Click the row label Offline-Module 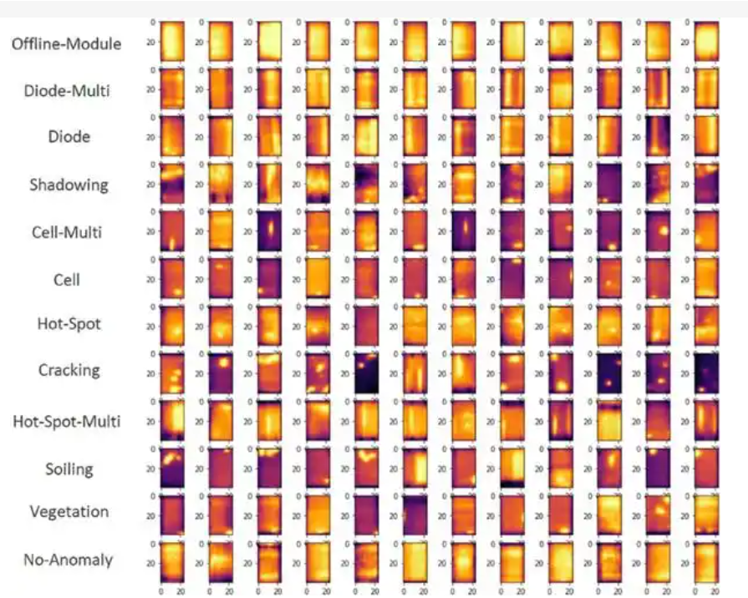pyautogui.click(x=66, y=43)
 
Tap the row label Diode pyautogui.click(x=69, y=136)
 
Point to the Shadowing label pyautogui.click(x=69, y=184)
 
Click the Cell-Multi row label pyautogui.click(x=67, y=231)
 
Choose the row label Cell pyautogui.click(x=67, y=279)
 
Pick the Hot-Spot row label pyautogui.click(x=69, y=322)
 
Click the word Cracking pyautogui.click(x=69, y=369)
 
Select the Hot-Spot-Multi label pyautogui.click(x=66, y=421)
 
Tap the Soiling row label pyautogui.click(x=69, y=469)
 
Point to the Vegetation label pyautogui.click(x=69, y=511)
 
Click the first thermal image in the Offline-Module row pyautogui.click(x=172, y=40)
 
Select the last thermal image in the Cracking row pyautogui.click(x=706, y=372)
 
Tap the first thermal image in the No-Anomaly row pyautogui.click(x=172, y=561)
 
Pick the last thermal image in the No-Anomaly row pyautogui.click(x=706, y=561)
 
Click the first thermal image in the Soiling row pyautogui.click(x=172, y=467)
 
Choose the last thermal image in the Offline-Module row pyautogui.click(x=706, y=40)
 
